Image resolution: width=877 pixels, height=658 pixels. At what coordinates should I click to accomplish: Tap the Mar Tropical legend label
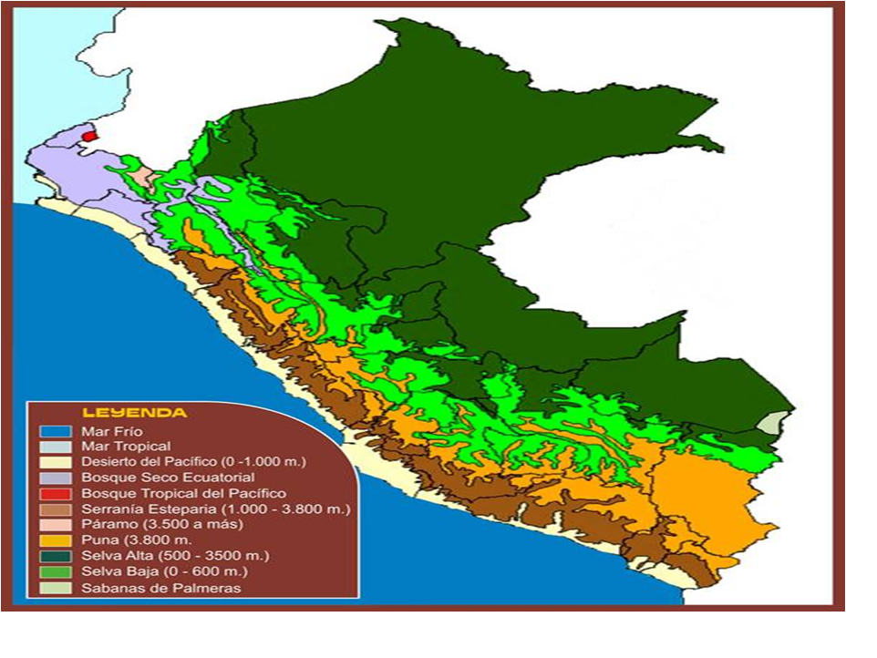[126, 447]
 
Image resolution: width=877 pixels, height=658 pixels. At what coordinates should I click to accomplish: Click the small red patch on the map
[88, 136]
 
